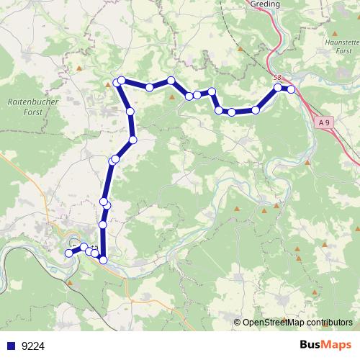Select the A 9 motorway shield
point(325,124)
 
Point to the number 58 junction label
point(278,77)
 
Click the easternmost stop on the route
point(291,89)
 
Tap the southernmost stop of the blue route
point(103,259)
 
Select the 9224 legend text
point(33,346)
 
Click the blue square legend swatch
point(12,346)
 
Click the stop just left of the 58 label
point(278,88)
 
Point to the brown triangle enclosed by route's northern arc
point(172,95)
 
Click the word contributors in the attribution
point(328,323)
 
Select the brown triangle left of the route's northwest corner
point(108,84)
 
